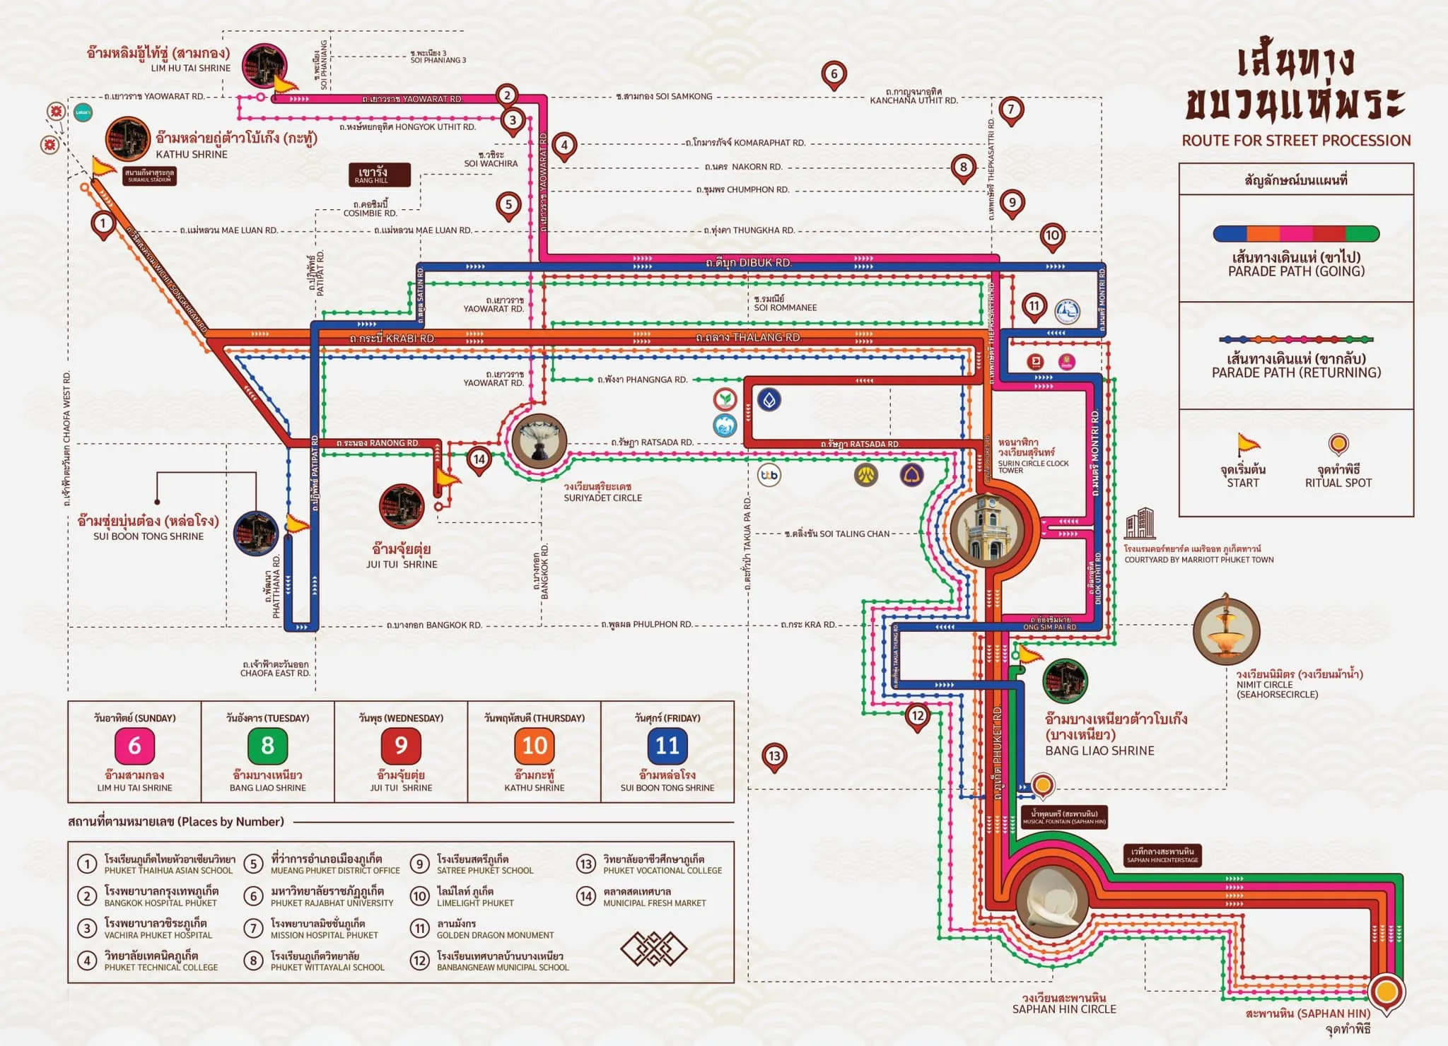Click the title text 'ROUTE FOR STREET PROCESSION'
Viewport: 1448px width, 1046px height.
[x=1296, y=141]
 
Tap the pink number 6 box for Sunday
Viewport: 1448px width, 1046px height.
[x=134, y=746]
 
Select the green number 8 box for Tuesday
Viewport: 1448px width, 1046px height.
[x=267, y=746]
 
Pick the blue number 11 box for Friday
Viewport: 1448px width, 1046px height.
[x=667, y=746]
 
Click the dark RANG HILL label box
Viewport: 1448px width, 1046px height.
[x=379, y=175]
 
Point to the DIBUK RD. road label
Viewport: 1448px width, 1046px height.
[x=749, y=262]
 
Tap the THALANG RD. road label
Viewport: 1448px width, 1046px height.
[x=749, y=337]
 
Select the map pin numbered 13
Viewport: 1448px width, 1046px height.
[x=774, y=756]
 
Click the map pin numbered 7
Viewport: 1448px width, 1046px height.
[x=1011, y=110]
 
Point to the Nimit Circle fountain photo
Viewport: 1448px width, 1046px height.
[x=1226, y=630]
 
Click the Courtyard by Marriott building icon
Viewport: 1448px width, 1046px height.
[x=1140, y=524]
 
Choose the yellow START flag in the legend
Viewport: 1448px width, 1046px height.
[x=1248, y=445]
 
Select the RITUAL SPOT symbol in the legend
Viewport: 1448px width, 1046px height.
[x=1338, y=445]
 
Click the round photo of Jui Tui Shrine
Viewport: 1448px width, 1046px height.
[x=402, y=506]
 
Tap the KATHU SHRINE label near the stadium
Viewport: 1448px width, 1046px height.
[x=192, y=154]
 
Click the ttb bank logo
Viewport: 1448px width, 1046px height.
[x=769, y=475]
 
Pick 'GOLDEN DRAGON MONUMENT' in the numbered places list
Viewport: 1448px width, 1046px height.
[x=495, y=935]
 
